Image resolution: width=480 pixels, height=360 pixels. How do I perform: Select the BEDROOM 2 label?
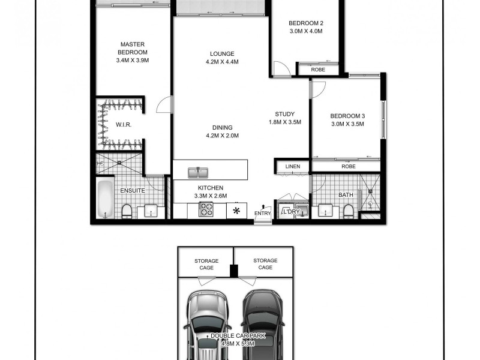point(306,23)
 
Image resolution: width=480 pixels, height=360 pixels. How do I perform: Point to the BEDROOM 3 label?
point(347,116)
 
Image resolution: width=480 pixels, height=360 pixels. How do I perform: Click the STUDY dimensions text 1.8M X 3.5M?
point(285,122)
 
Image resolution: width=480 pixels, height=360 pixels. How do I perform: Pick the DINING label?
point(222,127)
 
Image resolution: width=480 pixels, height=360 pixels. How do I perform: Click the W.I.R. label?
point(124,125)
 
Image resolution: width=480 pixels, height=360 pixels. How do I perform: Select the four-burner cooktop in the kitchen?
point(206,210)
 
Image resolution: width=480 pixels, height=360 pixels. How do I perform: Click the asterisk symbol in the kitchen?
point(236,211)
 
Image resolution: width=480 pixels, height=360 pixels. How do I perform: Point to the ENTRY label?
point(262,214)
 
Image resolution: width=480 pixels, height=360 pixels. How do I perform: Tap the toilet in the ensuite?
point(127,211)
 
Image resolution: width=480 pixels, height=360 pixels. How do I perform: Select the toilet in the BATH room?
point(349,211)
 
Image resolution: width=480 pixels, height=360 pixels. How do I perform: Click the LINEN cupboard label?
point(292,166)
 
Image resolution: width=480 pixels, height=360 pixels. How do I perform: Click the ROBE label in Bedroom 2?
point(318,70)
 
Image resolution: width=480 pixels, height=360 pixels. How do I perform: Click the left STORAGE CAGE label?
point(206,264)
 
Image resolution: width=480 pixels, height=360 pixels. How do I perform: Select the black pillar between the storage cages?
point(234,271)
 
